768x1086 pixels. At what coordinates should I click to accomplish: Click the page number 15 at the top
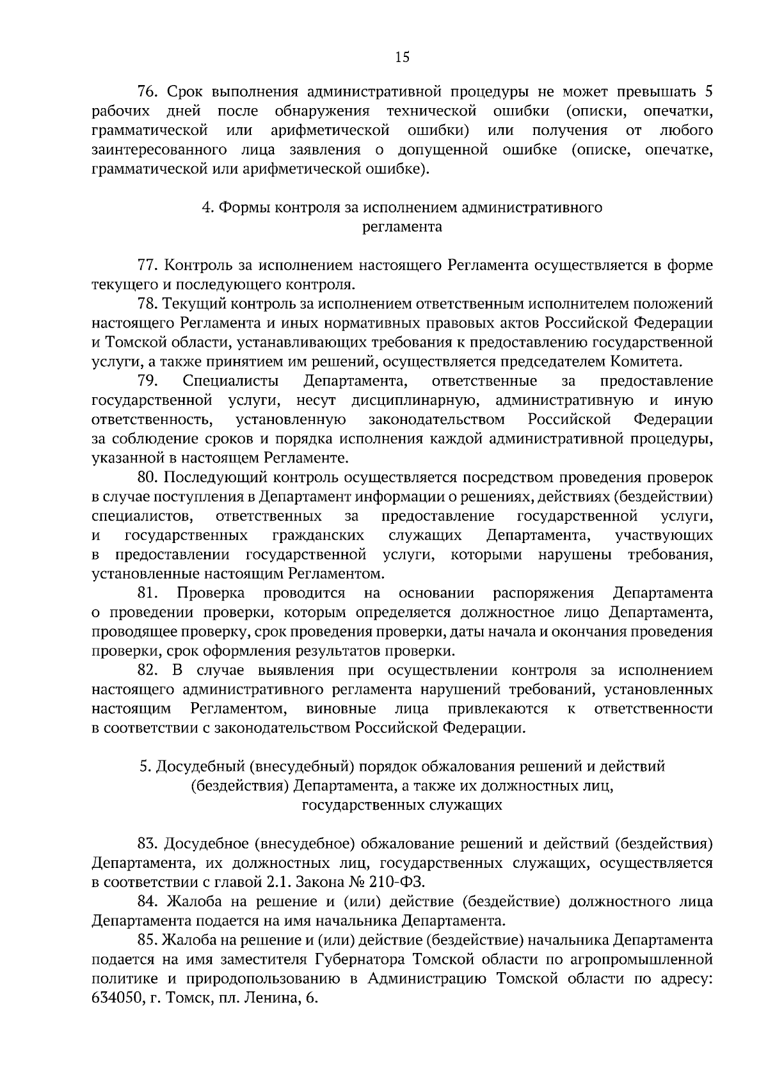click(x=402, y=58)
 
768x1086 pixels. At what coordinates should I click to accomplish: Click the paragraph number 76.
click(x=148, y=93)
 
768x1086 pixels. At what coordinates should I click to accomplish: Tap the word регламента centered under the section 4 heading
click(x=402, y=226)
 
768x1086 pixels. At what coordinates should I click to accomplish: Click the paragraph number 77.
click(x=148, y=265)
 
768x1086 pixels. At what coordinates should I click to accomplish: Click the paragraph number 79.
click(x=148, y=381)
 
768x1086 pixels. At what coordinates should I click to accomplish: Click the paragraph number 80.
click(x=148, y=477)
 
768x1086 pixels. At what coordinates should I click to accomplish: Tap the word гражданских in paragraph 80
click(x=318, y=535)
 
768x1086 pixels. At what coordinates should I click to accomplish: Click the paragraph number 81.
click(x=148, y=593)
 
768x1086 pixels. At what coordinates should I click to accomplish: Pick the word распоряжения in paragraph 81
click(x=543, y=593)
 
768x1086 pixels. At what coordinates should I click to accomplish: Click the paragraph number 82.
click(x=148, y=670)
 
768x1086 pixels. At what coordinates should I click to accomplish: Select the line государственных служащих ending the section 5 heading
click(x=402, y=805)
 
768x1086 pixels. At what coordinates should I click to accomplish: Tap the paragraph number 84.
click(x=148, y=902)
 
